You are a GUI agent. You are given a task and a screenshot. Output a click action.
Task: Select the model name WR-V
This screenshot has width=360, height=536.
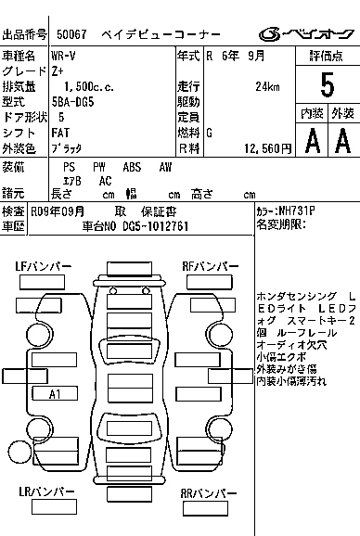coord(64,57)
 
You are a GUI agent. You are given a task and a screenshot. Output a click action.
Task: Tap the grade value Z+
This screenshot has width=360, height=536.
coord(58,70)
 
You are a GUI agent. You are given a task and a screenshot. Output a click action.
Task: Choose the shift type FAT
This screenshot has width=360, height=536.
coord(60,134)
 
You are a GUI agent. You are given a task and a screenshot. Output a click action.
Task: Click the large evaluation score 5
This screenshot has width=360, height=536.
coord(326,84)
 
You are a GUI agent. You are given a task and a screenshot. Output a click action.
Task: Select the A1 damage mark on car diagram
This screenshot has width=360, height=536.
coord(55,393)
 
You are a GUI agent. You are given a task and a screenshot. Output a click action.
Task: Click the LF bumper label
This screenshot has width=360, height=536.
coord(44,266)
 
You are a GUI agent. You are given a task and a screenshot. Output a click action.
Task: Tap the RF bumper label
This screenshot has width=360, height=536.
coord(206,266)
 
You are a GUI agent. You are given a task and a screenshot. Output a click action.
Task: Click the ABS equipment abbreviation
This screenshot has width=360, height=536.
coord(133,167)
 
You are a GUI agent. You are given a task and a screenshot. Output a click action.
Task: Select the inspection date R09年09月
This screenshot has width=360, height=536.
coord(58,211)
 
